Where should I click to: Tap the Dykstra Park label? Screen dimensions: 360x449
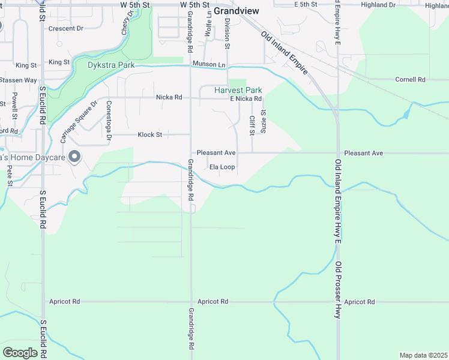coord(110,65)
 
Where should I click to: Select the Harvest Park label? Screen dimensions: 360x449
coord(238,90)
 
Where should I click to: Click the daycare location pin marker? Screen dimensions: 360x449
coord(74,157)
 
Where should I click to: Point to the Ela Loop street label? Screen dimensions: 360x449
coord(222,167)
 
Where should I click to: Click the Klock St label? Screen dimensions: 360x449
coord(150,135)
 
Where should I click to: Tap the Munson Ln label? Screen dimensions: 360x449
coord(209,64)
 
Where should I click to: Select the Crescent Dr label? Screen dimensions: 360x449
coord(65,28)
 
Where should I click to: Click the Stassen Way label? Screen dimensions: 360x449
coord(18,80)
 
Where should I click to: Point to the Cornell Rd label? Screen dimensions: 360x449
coord(410,79)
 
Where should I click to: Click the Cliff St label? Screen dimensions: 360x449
coord(252,125)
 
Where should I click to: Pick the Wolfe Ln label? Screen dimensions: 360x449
coord(208,24)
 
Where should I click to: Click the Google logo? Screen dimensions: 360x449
coord(20,352)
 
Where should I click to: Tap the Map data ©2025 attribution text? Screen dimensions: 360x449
coord(423,355)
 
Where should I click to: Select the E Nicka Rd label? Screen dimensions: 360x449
coord(246,98)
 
